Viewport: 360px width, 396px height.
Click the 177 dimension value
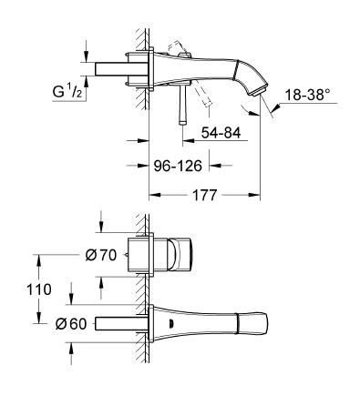point(204,194)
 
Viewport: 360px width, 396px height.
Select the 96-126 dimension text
point(178,166)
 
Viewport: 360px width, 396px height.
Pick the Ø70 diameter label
point(101,256)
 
